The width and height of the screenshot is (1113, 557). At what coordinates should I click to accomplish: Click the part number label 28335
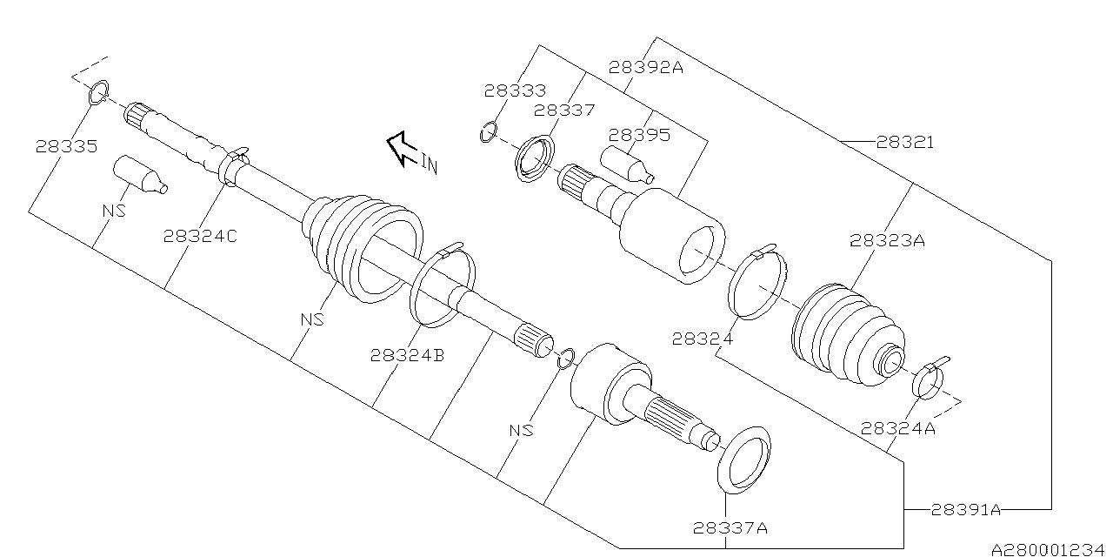click(66, 146)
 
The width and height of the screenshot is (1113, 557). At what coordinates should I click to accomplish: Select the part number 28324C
click(199, 236)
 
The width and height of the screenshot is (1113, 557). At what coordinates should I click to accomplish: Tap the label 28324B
click(407, 355)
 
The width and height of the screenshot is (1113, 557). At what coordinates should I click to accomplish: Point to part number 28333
click(515, 90)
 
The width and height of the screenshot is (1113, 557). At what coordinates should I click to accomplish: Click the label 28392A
click(645, 66)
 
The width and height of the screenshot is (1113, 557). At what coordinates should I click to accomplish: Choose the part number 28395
click(639, 135)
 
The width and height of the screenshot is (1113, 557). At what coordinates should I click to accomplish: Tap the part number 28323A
click(887, 241)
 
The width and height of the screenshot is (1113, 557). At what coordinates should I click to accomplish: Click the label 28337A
click(730, 527)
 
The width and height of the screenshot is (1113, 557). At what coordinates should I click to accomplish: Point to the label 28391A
click(966, 510)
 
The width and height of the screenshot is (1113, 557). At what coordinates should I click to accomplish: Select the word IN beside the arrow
click(429, 163)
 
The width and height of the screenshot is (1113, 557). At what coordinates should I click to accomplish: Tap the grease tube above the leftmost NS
click(139, 174)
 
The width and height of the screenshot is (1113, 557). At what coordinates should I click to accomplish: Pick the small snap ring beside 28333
click(488, 132)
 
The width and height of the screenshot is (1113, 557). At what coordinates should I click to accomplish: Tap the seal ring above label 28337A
click(744, 460)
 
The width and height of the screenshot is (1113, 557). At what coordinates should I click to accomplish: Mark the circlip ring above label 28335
click(99, 91)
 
